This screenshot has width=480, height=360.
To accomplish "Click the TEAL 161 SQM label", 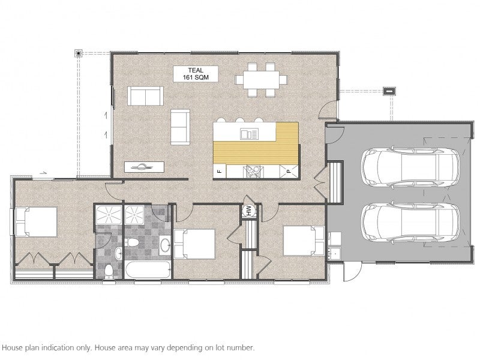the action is pyautogui.click(x=196, y=74).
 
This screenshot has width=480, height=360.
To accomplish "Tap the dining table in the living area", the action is pyautogui.click(x=262, y=80).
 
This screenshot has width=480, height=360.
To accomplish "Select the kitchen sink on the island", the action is pyautogui.click(x=250, y=134).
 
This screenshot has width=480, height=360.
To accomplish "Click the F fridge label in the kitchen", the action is pyautogui.click(x=220, y=172).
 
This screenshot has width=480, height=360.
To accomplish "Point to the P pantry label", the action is pyautogui.click(x=289, y=172).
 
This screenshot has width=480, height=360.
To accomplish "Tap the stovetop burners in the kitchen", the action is pyautogui.click(x=253, y=172).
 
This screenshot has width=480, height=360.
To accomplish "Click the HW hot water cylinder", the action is pyautogui.click(x=249, y=211).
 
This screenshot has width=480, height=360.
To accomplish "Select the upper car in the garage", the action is pyautogui.click(x=410, y=167).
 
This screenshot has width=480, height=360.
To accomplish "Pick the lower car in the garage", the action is pyautogui.click(x=410, y=223).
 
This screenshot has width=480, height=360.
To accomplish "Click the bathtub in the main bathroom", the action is pyautogui.click(x=148, y=269).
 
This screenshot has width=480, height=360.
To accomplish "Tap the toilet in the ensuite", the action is pyautogui.click(x=109, y=271).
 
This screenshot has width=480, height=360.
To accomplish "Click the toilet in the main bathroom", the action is pyautogui.click(x=133, y=242).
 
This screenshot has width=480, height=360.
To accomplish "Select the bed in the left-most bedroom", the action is pyautogui.click(x=36, y=222).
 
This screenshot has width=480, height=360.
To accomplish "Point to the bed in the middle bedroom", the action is pyautogui.click(x=194, y=244).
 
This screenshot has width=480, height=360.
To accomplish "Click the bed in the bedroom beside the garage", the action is pyautogui.click(x=304, y=241).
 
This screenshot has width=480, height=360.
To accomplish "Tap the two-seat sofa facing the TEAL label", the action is pyautogui.click(x=145, y=96).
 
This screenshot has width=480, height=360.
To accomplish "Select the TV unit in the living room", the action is pyautogui.click(x=144, y=167).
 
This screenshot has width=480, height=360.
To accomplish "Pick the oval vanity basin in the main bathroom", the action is pyautogui.click(x=165, y=245).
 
